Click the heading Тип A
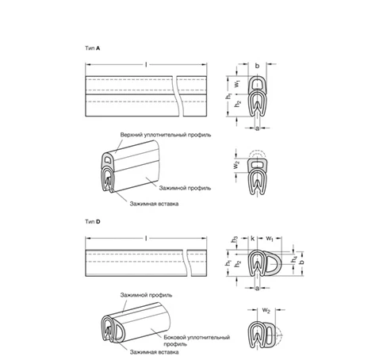[x=93, y=48]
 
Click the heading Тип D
[x=93, y=221]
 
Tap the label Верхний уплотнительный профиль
[x=166, y=135]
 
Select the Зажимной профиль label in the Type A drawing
[x=185, y=188]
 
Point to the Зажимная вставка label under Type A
[x=154, y=204]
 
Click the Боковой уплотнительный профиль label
[x=197, y=340]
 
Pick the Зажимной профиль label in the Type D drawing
[x=146, y=295]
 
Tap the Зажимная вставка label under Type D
[x=154, y=352]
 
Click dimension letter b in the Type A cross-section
[x=257, y=66]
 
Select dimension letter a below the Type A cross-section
[x=257, y=128]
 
